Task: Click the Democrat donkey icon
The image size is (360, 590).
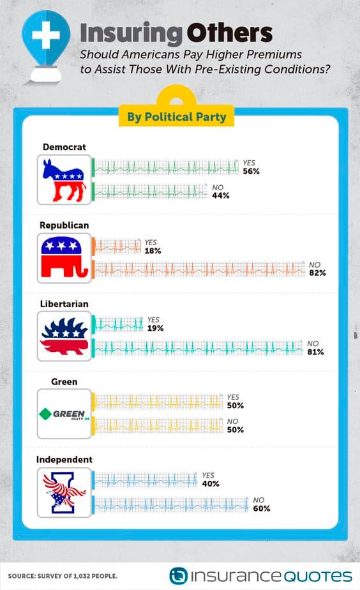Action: coord(64,180)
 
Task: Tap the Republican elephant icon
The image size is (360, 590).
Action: coord(64,257)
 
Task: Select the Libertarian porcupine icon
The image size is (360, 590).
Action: coord(64,336)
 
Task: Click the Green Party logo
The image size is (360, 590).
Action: coord(64,414)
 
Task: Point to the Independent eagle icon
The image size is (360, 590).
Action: coord(64,492)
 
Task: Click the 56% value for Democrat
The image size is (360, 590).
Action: coord(251,171)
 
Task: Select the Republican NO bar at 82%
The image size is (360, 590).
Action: coord(199,269)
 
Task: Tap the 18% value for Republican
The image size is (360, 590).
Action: coord(153,250)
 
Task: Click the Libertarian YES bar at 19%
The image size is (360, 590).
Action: coord(117,324)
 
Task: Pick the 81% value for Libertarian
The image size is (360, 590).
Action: coord(315,352)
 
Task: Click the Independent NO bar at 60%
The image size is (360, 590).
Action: coord(170,504)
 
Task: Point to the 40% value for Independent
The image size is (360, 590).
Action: coord(210,484)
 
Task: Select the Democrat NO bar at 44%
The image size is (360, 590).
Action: coord(150,192)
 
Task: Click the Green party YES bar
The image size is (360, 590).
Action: coord(157,402)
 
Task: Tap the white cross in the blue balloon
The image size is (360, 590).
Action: coord(45,35)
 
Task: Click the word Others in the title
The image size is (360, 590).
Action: coord(229,33)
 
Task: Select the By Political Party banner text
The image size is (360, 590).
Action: coord(176,117)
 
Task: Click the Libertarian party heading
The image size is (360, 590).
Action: coord(64,304)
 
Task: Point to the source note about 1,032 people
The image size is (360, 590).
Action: coord(63,576)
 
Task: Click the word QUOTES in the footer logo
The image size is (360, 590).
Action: coord(317,576)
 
